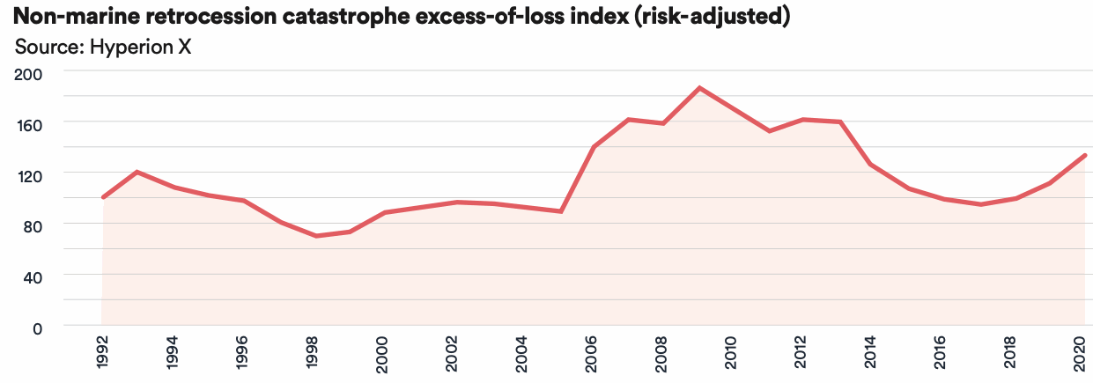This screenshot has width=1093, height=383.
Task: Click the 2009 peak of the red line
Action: (699, 88)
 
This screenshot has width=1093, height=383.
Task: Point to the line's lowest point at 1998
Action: (314, 236)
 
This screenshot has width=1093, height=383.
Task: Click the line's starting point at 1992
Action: (103, 197)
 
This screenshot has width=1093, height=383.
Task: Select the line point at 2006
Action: (595, 147)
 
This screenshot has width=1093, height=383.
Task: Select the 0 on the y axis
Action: (36, 328)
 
